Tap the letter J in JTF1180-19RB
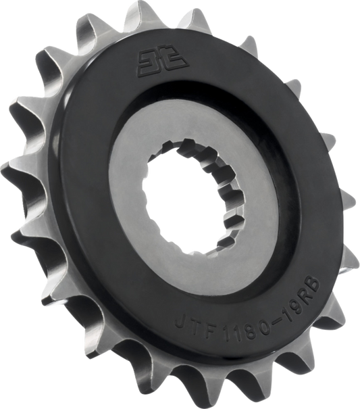click(181, 323)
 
